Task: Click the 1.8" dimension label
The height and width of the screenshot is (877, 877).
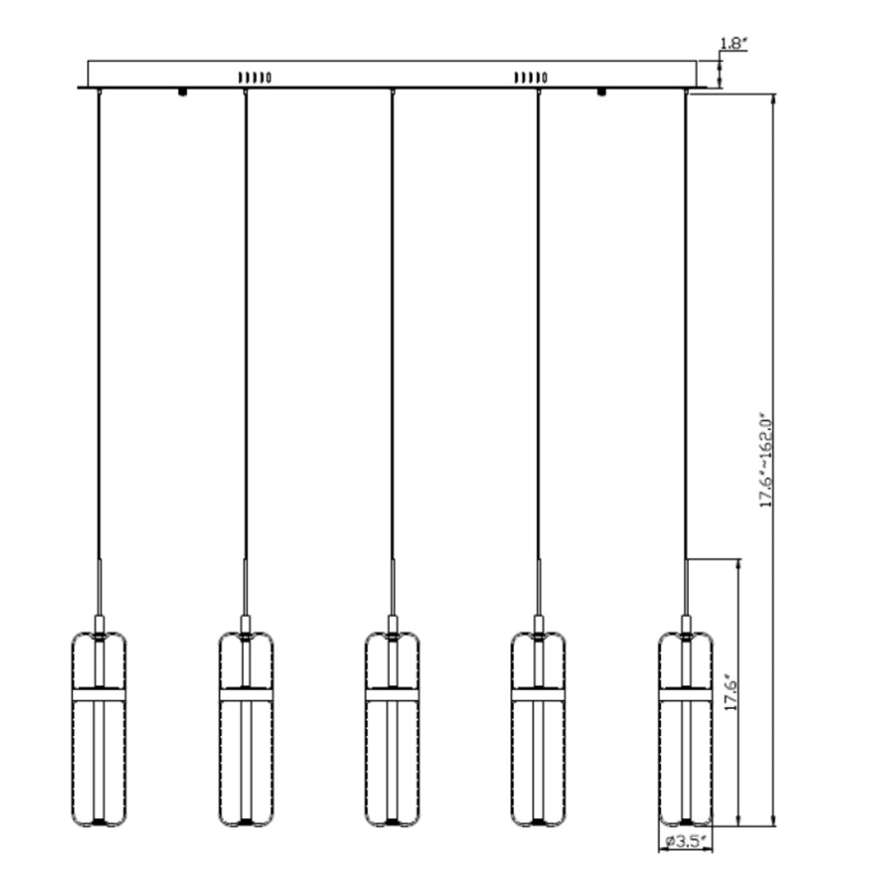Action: click(733, 44)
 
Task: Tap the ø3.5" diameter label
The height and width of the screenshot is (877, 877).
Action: click(686, 840)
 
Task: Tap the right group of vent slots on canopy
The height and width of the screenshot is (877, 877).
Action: click(530, 77)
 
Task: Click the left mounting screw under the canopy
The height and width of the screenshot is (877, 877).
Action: click(183, 92)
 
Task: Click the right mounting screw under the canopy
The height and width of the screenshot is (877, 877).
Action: click(600, 92)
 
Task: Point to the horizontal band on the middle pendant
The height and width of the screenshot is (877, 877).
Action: click(392, 695)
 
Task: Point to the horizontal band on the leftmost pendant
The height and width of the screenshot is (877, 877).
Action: click(99, 695)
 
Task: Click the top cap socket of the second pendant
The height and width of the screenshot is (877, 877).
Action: click(246, 623)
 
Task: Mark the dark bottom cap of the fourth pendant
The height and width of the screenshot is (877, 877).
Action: click(538, 820)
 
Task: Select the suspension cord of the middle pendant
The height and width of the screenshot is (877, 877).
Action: click(392, 319)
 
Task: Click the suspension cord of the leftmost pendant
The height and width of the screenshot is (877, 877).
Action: click(99, 319)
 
